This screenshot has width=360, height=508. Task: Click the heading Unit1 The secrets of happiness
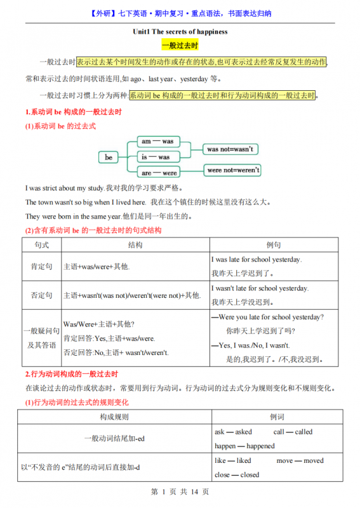(x=180, y=31)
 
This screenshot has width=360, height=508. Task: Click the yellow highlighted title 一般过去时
(x=180, y=46)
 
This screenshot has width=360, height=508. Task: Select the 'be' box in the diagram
(x=109, y=157)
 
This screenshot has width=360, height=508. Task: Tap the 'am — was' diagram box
(x=157, y=141)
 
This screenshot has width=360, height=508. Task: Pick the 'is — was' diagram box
(x=157, y=157)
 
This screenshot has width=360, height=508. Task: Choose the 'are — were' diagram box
(x=159, y=173)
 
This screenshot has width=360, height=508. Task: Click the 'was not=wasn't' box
(x=230, y=149)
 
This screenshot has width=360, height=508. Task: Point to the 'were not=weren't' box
(x=233, y=170)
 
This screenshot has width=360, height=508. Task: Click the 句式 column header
(x=42, y=245)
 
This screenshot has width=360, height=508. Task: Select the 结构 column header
(x=135, y=245)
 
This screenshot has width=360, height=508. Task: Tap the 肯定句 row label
(x=42, y=267)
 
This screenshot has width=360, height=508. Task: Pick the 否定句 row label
(x=42, y=295)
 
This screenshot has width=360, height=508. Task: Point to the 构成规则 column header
(x=114, y=417)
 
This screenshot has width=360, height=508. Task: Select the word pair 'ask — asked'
(x=233, y=432)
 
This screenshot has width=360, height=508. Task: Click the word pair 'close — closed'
(x=237, y=474)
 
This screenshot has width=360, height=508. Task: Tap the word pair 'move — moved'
(x=300, y=461)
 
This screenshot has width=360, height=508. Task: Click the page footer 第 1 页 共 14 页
(x=180, y=492)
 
